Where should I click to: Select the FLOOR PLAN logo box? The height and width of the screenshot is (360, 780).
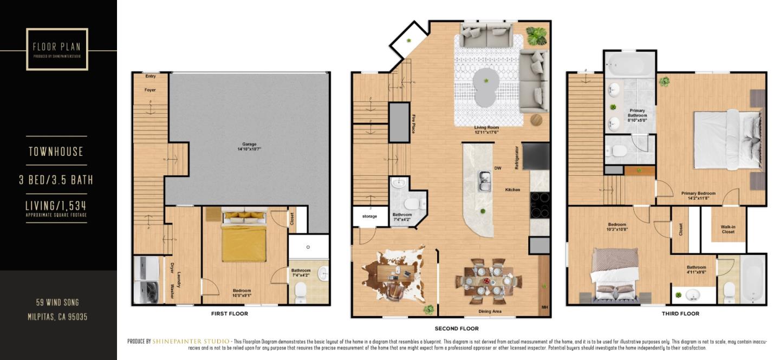tap(57, 49)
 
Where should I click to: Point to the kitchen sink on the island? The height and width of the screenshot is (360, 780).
tap(484, 181)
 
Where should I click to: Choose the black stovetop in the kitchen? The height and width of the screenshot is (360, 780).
tap(539, 205)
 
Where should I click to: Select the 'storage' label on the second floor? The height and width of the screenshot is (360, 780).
tap(369, 217)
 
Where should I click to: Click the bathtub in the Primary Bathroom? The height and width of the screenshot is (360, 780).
tap(629, 65)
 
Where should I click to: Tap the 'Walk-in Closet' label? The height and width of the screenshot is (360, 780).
tap(727, 230)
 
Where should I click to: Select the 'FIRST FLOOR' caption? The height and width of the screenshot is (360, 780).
tap(230, 313)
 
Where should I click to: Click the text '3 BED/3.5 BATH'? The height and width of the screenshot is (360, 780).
tap(56, 180)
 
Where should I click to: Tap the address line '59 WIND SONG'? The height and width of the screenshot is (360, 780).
tap(58, 302)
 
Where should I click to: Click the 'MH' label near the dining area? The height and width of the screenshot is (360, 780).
tap(544, 307)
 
